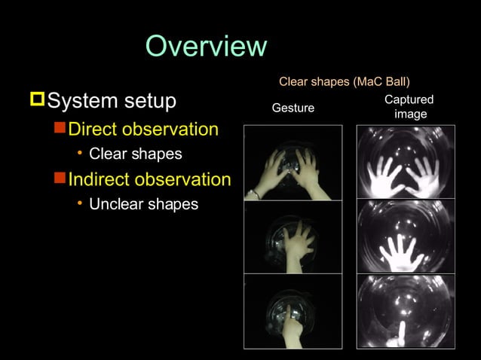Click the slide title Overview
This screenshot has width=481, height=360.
(206, 47)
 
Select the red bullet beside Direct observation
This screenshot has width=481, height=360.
(60, 128)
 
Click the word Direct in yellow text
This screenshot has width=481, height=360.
(91, 129)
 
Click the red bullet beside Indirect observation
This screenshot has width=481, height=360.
(60, 179)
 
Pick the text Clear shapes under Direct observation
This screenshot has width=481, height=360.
(136, 154)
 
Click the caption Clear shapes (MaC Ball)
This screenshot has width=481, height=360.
(345, 81)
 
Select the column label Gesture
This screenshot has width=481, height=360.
(293, 108)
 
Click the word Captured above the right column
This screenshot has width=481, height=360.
(409, 100)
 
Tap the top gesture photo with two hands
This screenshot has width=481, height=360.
(293, 163)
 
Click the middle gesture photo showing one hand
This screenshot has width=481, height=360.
(293, 236)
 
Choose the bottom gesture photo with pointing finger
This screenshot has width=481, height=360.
(293, 310)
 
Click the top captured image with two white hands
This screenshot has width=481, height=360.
(406, 163)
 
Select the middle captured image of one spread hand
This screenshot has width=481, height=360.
(406, 236)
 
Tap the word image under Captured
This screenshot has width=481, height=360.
(410, 114)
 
